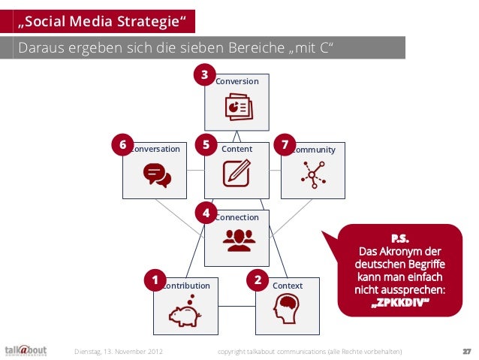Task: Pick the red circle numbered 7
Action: click(x=285, y=144)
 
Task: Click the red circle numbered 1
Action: click(x=155, y=281)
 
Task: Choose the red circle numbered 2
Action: click(x=258, y=281)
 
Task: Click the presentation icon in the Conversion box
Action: click(x=237, y=108)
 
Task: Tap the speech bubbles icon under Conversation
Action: click(x=157, y=174)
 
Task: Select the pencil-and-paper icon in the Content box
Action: click(x=236, y=174)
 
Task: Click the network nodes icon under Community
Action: click(x=312, y=174)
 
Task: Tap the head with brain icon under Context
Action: click(x=286, y=308)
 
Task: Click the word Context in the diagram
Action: click(x=288, y=286)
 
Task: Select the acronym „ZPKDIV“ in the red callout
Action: click(x=400, y=304)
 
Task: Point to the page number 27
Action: click(x=466, y=351)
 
